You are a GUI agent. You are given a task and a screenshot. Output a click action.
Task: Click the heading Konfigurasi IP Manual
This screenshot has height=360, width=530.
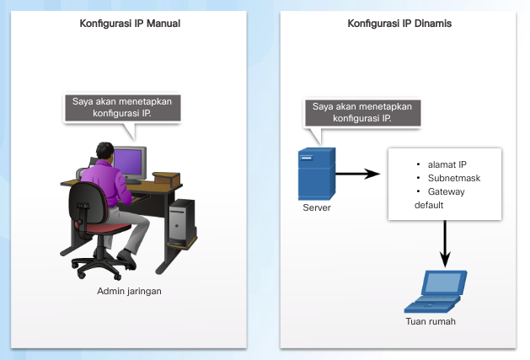coord(129,24)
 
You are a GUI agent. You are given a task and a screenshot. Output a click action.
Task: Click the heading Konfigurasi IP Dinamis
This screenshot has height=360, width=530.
coord(399,24)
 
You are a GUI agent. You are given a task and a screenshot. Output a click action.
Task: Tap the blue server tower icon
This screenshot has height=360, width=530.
coord(317,175)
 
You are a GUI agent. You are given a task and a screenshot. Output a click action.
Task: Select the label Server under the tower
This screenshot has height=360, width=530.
coord(316,207)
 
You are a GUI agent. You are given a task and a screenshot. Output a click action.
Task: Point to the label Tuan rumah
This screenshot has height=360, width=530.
coord(429,322)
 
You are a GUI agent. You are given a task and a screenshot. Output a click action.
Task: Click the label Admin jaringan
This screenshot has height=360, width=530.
coord(130,291)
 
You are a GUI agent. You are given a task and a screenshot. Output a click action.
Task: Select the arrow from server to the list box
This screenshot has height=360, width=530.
coord(356,175)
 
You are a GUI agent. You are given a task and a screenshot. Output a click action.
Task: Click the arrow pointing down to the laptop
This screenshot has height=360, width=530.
coord(445,244)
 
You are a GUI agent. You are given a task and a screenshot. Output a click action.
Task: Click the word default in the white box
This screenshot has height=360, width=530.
coord(429,205)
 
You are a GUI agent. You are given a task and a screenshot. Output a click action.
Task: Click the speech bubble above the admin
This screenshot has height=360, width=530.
coord(124,108)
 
